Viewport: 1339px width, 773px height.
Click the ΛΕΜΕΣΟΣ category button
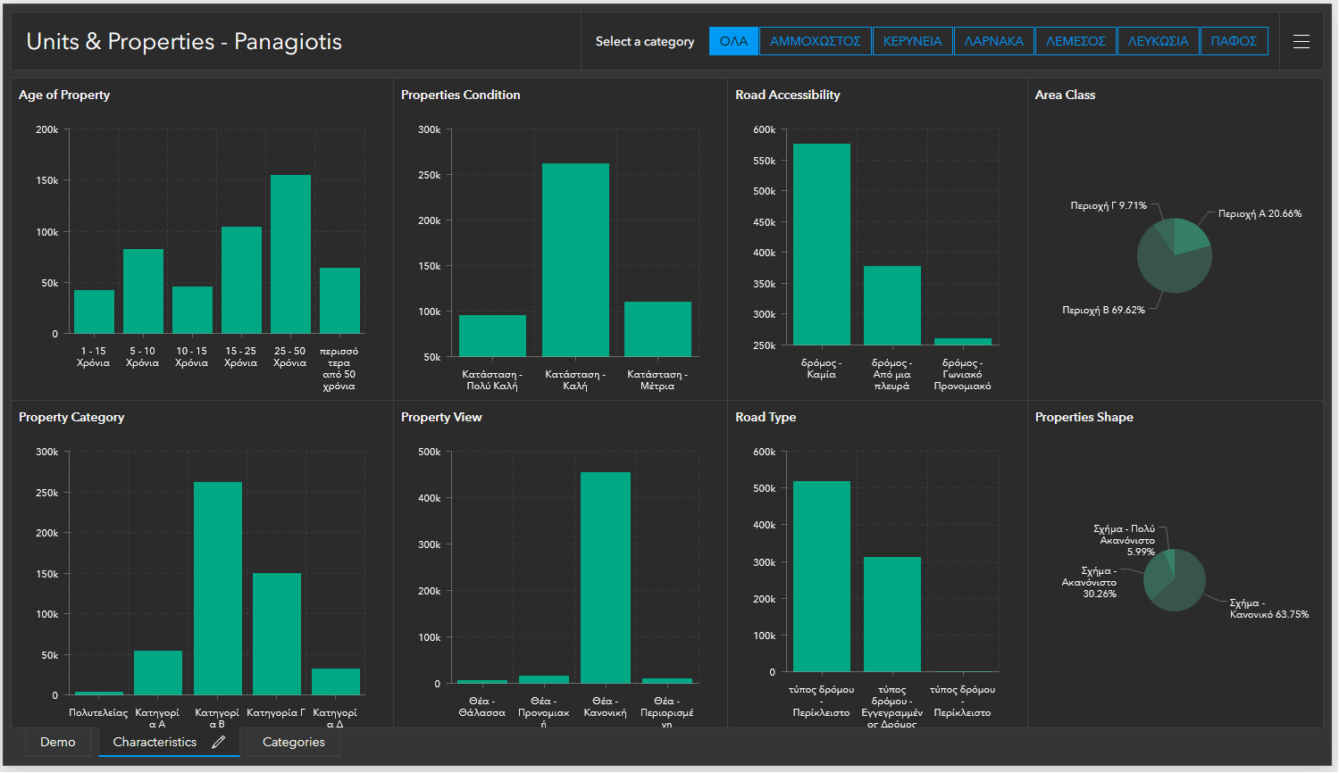coord(1075,41)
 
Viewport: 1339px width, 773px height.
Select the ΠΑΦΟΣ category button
coord(1234,41)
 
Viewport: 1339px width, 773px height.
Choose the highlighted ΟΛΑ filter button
coord(733,41)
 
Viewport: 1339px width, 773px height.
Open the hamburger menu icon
coord(1301,41)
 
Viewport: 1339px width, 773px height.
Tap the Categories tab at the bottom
coord(293,742)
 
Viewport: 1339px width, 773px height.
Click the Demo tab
coord(58,742)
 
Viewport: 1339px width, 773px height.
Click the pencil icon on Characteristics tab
coord(219,742)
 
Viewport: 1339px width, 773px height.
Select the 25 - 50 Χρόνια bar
coord(290,254)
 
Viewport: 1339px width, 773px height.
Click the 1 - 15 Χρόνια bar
coord(94,312)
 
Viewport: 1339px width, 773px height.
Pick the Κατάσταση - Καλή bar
coord(575,260)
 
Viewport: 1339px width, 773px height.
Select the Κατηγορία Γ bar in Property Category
coord(276,634)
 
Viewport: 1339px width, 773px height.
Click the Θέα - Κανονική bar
coord(605,578)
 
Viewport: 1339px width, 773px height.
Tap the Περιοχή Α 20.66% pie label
coord(1259,214)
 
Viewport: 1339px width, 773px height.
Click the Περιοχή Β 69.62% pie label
coord(1103,311)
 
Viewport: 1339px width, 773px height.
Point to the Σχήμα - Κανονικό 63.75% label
coord(1268,609)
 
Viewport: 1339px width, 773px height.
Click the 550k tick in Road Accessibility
coord(764,161)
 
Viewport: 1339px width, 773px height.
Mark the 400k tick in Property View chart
coord(430,498)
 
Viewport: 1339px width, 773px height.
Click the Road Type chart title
coord(766,417)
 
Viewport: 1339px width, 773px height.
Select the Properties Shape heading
coord(1084,417)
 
